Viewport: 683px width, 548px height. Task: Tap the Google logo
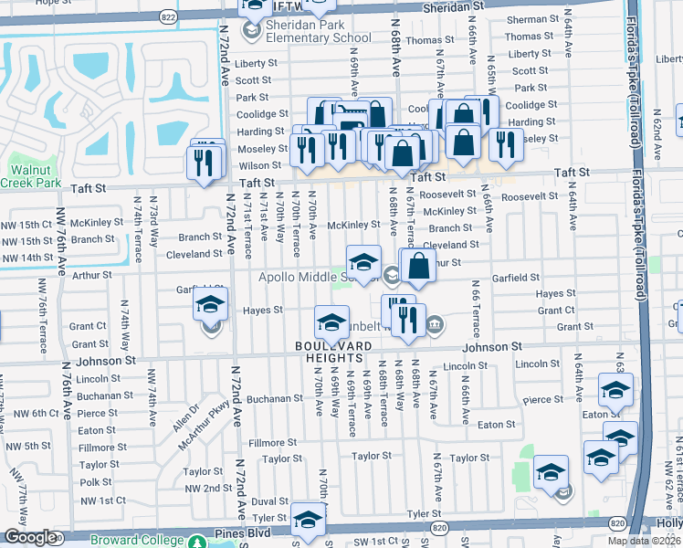28,537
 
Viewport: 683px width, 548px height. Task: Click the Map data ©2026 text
646,541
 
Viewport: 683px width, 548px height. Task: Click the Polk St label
95,481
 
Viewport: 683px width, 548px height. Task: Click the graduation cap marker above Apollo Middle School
363,260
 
